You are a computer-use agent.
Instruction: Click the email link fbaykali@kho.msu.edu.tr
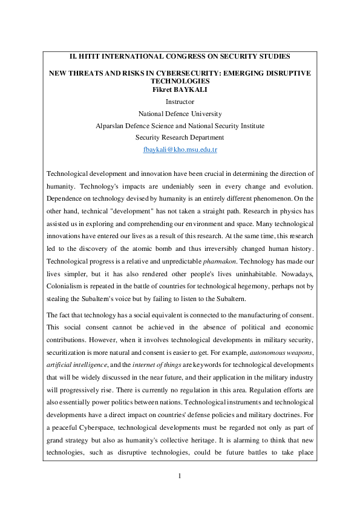(180, 149)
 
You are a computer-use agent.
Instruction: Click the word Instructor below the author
(180, 102)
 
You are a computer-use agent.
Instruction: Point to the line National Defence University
(180, 114)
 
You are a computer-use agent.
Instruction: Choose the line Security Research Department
(180, 137)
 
